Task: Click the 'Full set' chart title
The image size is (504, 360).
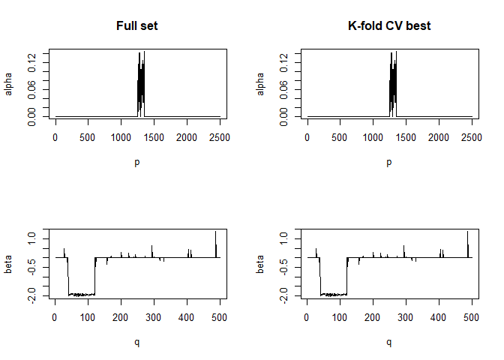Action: pos(136,26)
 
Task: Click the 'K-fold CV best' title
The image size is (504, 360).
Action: pos(388,26)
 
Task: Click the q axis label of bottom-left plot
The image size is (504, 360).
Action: pos(136,342)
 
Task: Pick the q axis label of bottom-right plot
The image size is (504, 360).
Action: pos(388,342)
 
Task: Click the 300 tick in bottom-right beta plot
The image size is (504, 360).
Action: pos(406,316)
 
